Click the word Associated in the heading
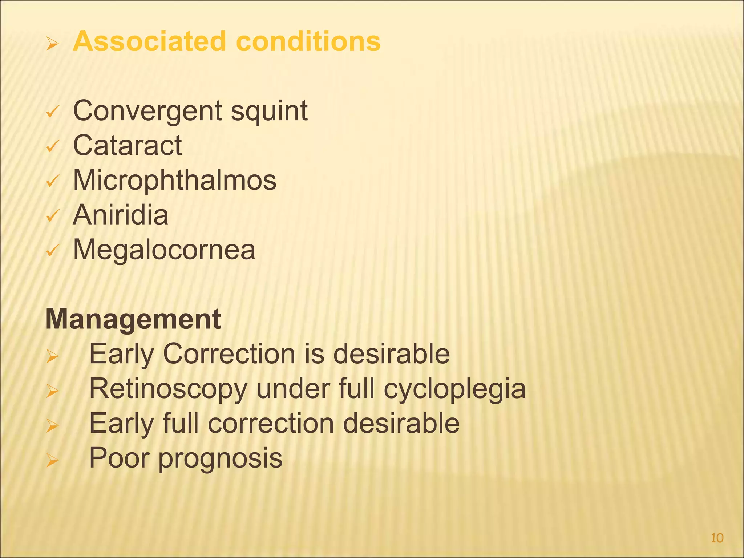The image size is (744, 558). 149,41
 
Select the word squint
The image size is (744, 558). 269,111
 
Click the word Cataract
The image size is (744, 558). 127,145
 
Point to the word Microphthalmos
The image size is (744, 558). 174,180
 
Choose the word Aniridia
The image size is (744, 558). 120,215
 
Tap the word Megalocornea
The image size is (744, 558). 164,250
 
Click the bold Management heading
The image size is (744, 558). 133,319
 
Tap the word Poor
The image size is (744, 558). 119,458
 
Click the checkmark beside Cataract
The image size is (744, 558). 52,146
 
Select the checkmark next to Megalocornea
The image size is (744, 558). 52,250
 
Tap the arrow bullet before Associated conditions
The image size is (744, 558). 52,45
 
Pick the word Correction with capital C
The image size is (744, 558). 229,354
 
